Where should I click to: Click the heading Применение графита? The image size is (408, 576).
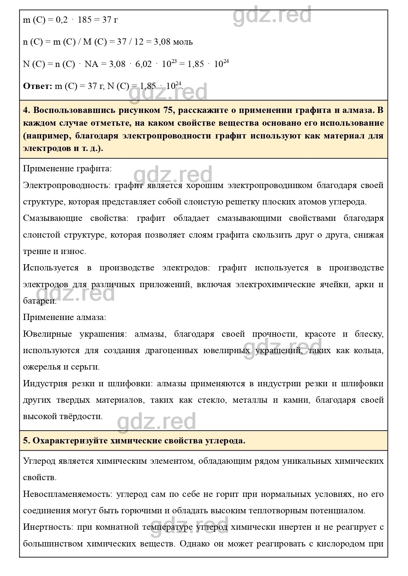coord(67,169)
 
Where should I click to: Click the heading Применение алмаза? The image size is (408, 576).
coord(64,317)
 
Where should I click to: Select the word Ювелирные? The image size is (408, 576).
coord(47,334)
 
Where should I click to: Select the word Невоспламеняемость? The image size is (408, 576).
coord(67,494)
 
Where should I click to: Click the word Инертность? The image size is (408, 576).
coord(48,527)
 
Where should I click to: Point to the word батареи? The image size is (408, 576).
coord(39,301)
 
